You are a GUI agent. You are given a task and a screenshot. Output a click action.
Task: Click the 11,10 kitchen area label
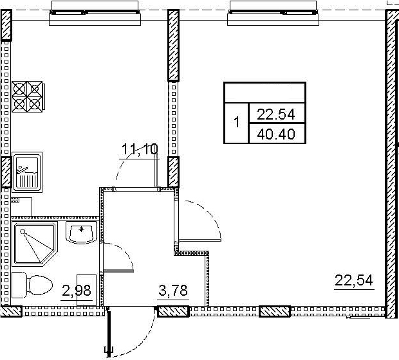(140, 150)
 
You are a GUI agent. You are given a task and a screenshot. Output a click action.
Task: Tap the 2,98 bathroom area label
(77, 291)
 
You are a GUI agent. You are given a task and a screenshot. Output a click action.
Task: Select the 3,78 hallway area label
(173, 291)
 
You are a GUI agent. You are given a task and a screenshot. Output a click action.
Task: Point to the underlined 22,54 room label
(354, 280)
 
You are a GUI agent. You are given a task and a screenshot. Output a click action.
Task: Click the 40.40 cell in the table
(277, 134)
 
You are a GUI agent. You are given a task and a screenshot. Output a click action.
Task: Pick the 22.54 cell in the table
(277, 114)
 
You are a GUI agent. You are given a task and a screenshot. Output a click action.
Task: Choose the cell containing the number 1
(236, 123)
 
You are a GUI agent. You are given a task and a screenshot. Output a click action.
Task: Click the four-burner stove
(28, 96)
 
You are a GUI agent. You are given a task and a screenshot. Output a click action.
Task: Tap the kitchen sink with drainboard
(27, 172)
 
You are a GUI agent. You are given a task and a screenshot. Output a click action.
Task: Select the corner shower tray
(35, 243)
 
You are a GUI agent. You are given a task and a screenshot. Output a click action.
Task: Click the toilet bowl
(32, 285)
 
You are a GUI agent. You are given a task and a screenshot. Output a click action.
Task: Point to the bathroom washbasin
(82, 232)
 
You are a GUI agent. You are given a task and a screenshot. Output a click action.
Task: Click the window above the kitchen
(95, 12)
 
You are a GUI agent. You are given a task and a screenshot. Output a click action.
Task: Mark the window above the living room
(273, 12)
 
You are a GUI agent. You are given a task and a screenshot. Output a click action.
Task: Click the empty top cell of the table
(264, 93)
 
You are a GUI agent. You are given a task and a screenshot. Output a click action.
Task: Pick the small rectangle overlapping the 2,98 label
(86, 290)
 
